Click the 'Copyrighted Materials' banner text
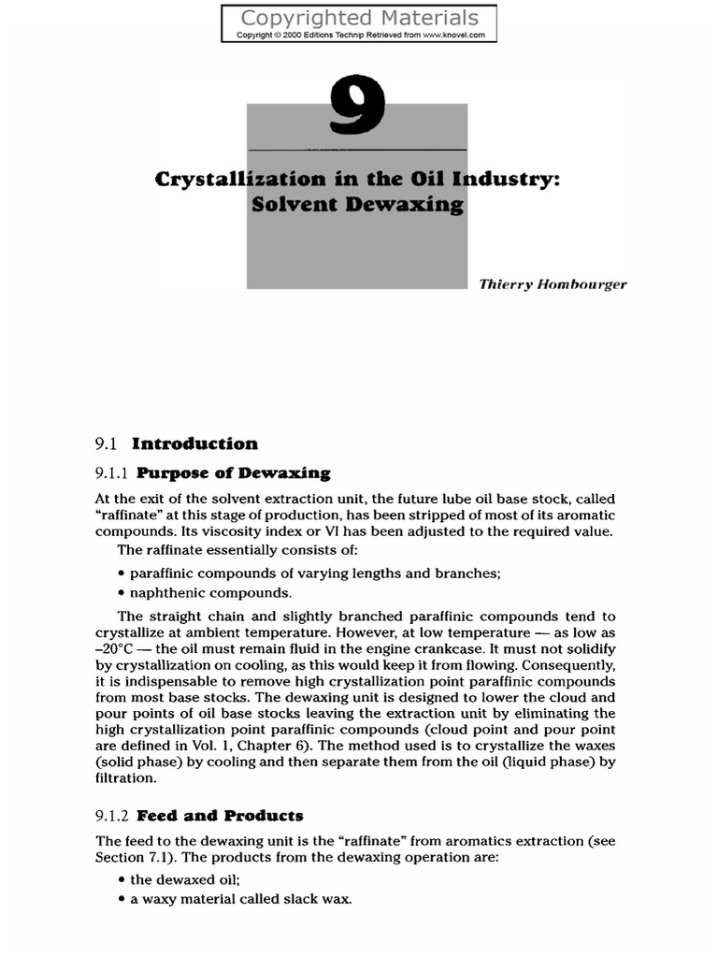tap(359, 18)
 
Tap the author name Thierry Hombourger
tap(553, 284)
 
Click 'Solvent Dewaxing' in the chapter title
tap(357, 206)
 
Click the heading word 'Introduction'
tap(194, 443)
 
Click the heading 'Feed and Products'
tap(226, 816)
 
